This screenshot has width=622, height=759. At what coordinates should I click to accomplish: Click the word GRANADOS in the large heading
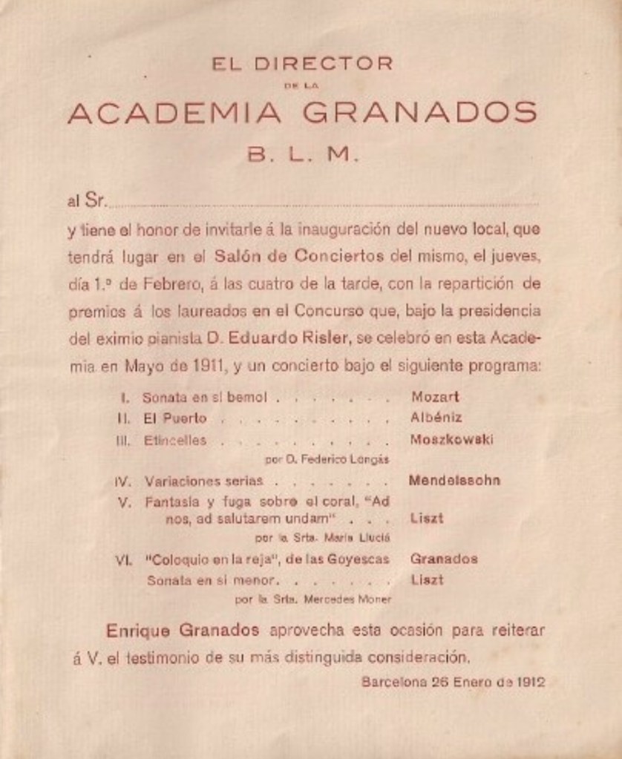point(419,113)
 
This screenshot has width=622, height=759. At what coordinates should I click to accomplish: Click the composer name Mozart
point(435,397)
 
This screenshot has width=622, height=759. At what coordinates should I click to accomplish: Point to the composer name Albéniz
point(436,418)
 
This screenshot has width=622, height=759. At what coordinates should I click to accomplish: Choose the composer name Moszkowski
point(451,439)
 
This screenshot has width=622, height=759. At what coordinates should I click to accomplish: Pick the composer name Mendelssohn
point(454,480)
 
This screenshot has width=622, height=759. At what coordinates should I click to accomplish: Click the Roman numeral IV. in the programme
point(123,481)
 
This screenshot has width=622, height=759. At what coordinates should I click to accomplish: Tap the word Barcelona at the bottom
point(394,682)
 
